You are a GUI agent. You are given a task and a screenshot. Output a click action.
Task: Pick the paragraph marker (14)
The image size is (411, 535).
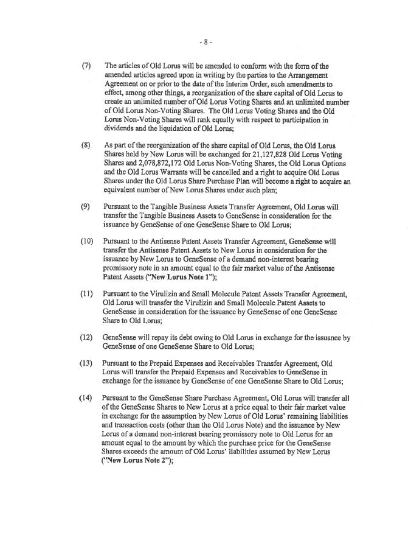(85, 398)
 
